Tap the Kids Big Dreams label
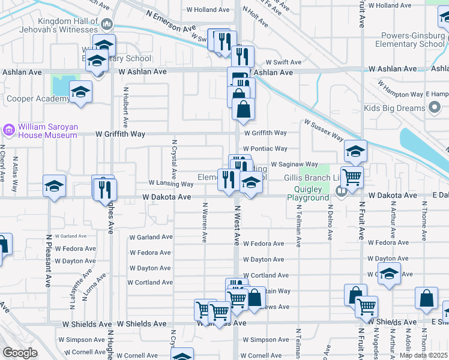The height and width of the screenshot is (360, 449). click(x=394, y=109)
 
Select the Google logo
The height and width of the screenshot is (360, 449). click(x=20, y=353)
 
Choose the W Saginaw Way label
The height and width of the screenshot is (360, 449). click(x=294, y=164)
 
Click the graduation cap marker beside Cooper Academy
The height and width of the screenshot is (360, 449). click(x=80, y=92)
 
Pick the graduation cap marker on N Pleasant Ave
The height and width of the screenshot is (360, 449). click(x=54, y=186)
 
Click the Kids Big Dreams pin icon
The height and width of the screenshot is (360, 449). click(x=435, y=109)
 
